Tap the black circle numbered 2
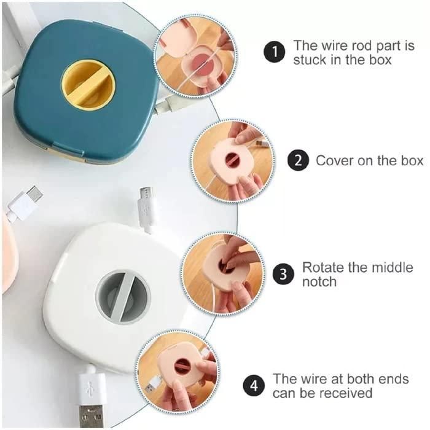pyautogui.click(x=298, y=161)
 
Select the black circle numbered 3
pyautogui.click(x=283, y=274)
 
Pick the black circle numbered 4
pyautogui.click(x=254, y=386)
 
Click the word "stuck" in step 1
pyautogui.click(x=310, y=60)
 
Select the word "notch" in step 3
pyautogui.click(x=319, y=282)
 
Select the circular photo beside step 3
pyautogui.click(x=222, y=273)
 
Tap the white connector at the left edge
pyautogui.click(x=23, y=204)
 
